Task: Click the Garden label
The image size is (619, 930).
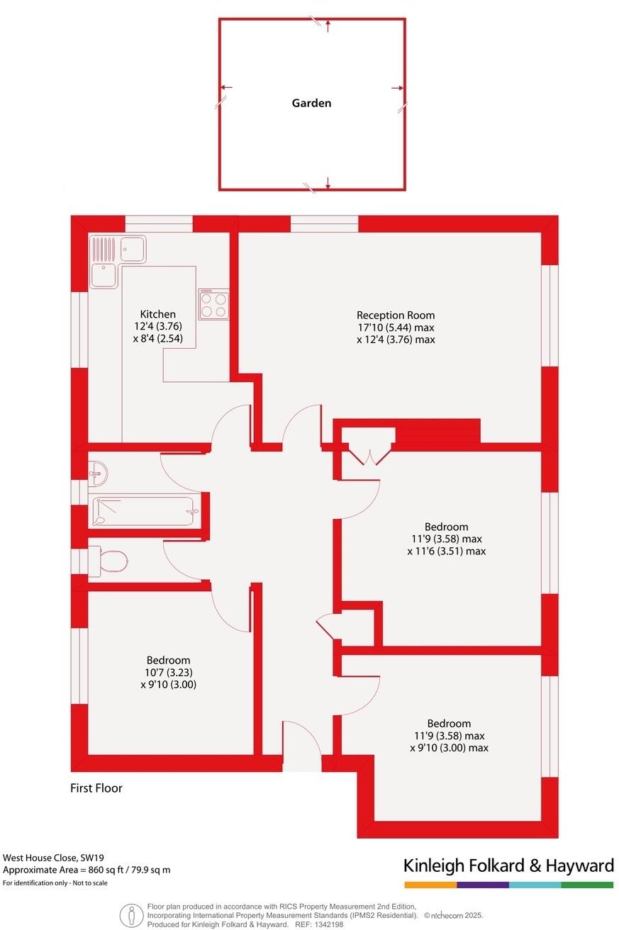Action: pos(311,103)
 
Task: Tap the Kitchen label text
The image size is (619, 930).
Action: pos(157,314)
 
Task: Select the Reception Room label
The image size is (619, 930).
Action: pos(396,315)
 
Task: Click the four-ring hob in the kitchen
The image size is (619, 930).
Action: pos(213,304)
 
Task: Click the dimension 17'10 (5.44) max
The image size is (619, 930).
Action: pos(396,327)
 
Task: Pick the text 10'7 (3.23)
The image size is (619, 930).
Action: pos(168,673)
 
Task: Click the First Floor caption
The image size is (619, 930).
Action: pos(96,788)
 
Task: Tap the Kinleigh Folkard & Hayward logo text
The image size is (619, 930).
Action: pos(508,865)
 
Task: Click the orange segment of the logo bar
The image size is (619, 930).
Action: pos(430,885)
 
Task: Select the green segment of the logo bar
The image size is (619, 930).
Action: pos(587,885)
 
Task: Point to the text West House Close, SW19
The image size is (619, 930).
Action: pos(48,858)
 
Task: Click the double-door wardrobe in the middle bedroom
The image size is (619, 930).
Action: pos(369,454)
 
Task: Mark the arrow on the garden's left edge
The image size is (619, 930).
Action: pos(225,88)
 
